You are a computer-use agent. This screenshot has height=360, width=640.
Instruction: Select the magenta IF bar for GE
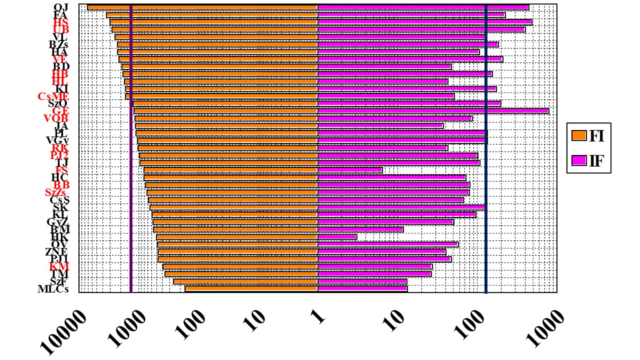(x=433, y=111)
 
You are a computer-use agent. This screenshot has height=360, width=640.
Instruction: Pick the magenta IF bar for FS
(x=350, y=170)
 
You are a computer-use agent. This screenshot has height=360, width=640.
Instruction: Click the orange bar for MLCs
(x=251, y=288)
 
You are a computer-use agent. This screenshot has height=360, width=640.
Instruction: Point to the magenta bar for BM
(x=360, y=229)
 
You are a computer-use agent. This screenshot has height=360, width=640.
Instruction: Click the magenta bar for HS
(x=425, y=22)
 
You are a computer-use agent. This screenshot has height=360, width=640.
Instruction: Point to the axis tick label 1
(x=319, y=317)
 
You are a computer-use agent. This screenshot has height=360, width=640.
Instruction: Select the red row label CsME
(x=53, y=97)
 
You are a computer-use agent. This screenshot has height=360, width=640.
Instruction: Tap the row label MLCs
(x=53, y=289)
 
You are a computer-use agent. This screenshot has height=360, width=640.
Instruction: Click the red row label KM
(x=59, y=266)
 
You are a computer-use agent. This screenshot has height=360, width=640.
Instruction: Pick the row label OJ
(x=61, y=7)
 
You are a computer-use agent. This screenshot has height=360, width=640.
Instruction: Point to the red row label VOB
(x=56, y=118)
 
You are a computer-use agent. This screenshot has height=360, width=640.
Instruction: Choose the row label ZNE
(x=56, y=252)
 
